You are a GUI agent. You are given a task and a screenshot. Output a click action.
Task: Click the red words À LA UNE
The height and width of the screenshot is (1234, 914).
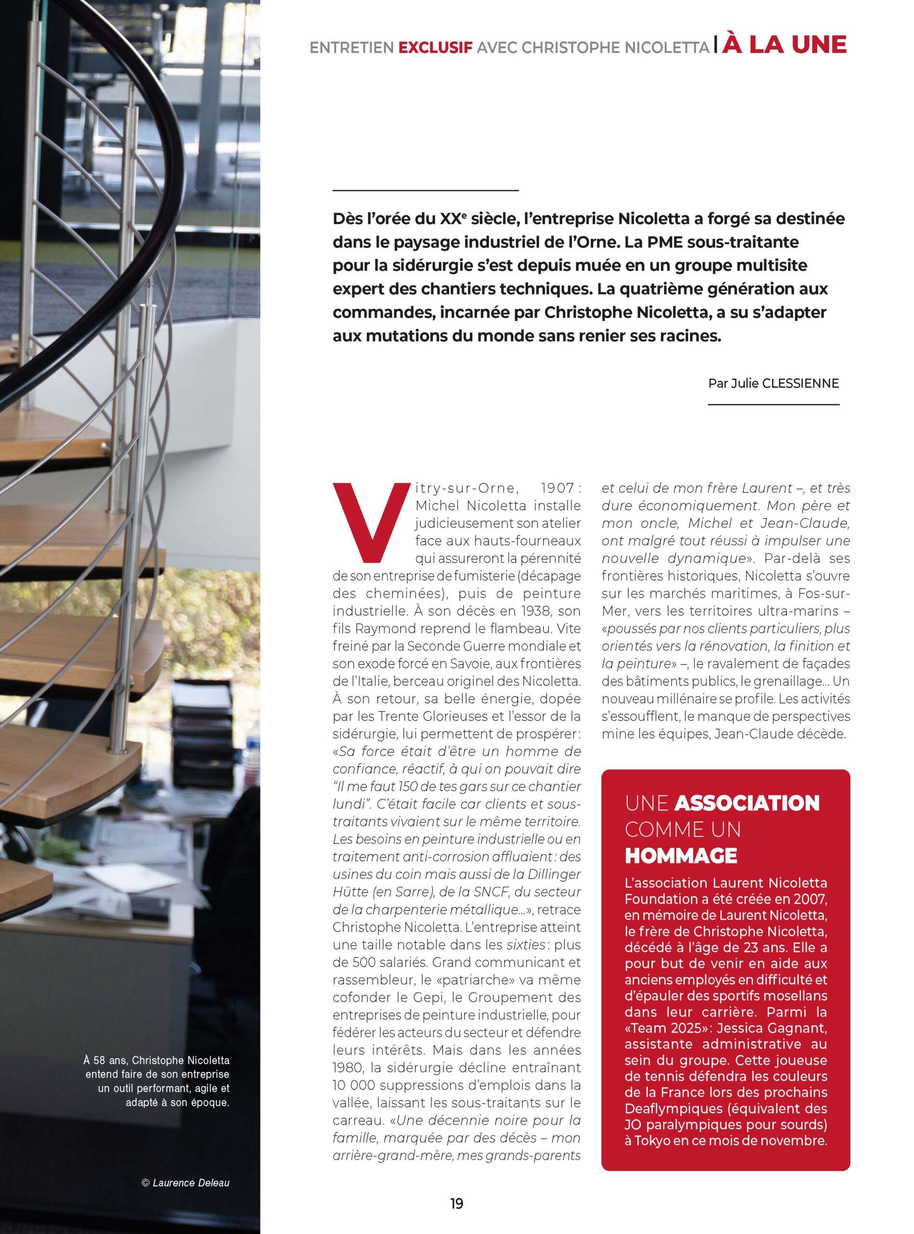(784, 45)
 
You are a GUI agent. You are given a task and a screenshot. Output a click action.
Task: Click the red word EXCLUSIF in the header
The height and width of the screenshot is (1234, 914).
(435, 48)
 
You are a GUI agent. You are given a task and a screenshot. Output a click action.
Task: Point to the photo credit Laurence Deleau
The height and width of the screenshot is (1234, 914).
(190, 1182)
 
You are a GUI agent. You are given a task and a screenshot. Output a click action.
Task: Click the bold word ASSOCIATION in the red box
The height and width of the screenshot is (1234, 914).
(747, 803)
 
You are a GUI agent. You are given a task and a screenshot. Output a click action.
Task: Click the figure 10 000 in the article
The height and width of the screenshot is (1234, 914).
(353, 1085)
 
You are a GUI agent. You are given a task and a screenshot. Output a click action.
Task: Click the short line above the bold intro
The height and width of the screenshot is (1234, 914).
(425, 190)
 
